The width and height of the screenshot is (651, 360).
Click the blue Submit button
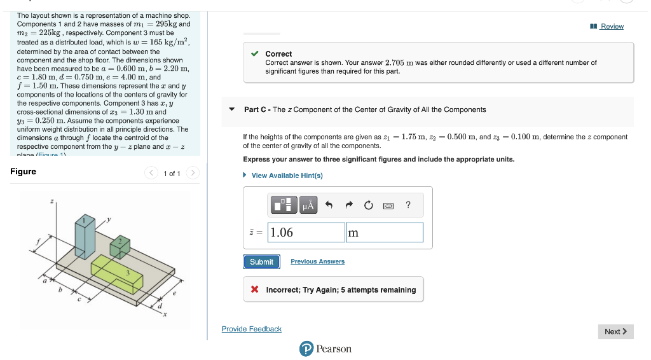coord(261,261)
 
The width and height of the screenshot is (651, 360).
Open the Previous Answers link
coord(317,261)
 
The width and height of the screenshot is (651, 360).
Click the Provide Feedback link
coord(251,329)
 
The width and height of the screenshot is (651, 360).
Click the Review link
coord(612,26)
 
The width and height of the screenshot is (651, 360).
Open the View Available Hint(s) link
coord(287,176)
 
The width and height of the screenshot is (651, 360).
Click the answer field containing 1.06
coord(306,232)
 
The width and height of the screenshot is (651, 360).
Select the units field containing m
coord(384,232)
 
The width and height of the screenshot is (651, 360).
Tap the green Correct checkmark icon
coord(254,54)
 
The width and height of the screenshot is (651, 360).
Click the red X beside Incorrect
coord(254,290)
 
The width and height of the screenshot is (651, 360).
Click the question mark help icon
coord(408,205)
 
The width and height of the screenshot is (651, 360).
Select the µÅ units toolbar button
coord(308,205)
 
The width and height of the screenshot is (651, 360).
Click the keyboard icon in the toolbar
coord(388,205)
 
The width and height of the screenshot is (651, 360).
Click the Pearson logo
coord(325,349)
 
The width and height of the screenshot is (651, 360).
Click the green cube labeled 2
coord(120,246)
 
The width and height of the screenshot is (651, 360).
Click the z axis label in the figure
coord(53,201)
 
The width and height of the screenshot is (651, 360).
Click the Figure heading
coord(24,172)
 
